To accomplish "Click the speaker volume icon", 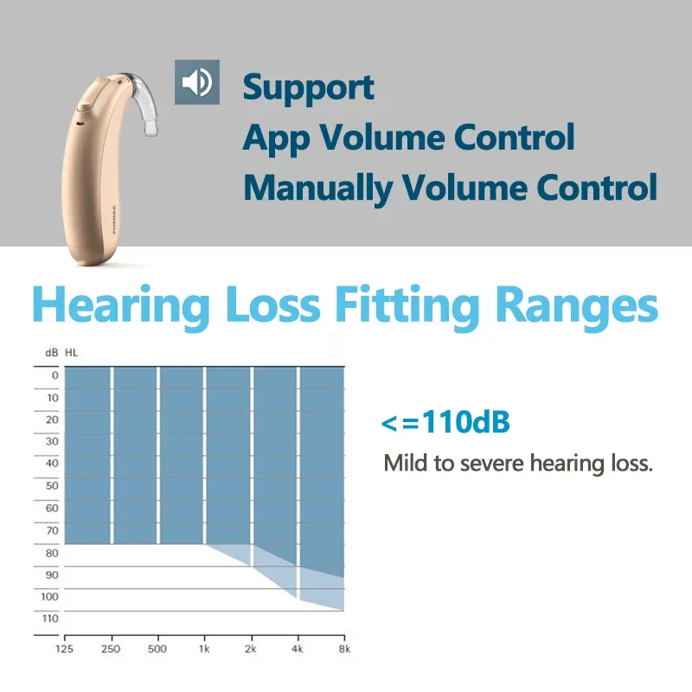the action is click(x=197, y=82).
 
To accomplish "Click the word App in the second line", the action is click(x=276, y=138).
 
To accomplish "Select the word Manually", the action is click(x=317, y=189).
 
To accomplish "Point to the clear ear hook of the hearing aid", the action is click(x=142, y=99).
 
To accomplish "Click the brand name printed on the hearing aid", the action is click(x=114, y=220).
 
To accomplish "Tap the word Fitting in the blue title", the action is click(x=407, y=306).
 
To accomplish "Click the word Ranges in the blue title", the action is click(x=576, y=306).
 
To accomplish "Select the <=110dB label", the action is click(x=445, y=422).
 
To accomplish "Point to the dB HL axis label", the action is click(x=61, y=353).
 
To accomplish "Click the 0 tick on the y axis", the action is click(x=54, y=375).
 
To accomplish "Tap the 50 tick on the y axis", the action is click(x=52, y=485).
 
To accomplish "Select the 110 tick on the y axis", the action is click(x=50, y=618).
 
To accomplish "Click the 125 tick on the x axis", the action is click(x=64, y=649).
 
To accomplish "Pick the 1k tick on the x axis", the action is click(x=204, y=649).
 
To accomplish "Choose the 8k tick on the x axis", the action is click(x=344, y=649).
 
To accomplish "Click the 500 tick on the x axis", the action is click(x=157, y=649).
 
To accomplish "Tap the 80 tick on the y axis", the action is click(x=52, y=553).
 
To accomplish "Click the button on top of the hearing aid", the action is click(x=85, y=105).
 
